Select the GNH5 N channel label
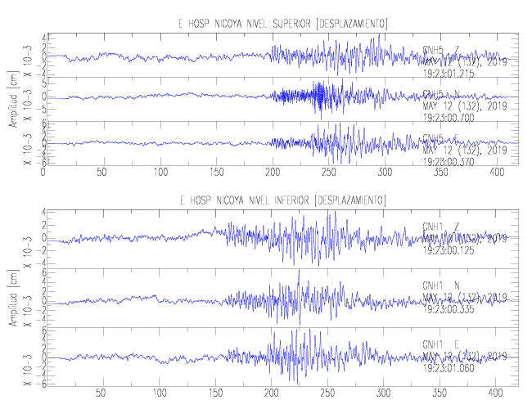tap(441, 95)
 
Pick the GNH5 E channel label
tap(441, 138)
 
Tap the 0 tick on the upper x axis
tap(43, 173)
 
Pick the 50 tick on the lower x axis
tap(101, 393)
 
